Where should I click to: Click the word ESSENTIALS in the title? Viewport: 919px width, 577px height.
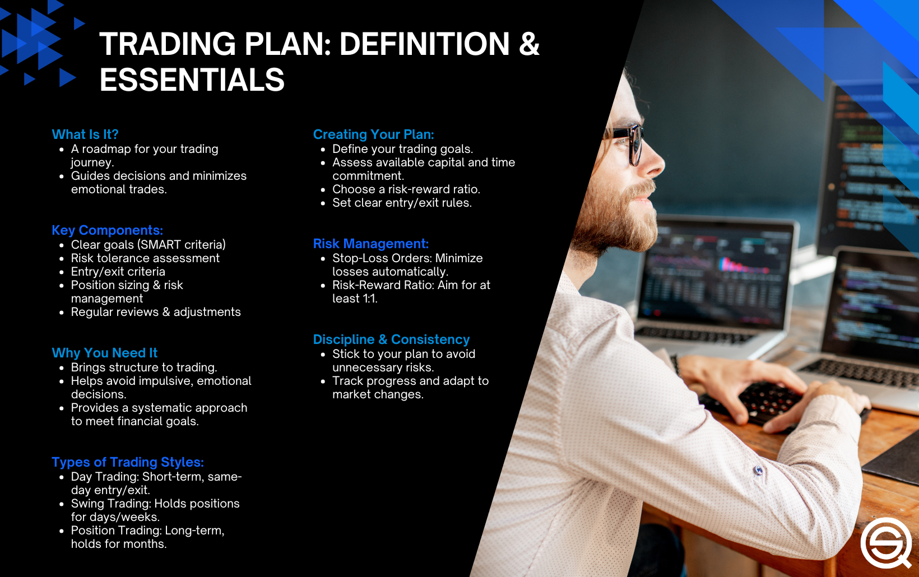click(x=192, y=80)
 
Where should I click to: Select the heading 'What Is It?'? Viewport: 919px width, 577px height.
click(x=85, y=134)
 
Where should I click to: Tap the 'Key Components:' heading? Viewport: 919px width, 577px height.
click(x=107, y=230)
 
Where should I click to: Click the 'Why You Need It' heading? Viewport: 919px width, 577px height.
click(x=104, y=353)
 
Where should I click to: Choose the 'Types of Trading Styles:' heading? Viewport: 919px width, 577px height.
click(x=127, y=462)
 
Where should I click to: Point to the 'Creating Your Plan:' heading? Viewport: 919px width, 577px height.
click(x=373, y=134)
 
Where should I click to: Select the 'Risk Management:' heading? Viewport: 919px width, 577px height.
click(x=370, y=244)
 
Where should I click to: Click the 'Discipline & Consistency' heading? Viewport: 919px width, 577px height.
click(x=391, y=339)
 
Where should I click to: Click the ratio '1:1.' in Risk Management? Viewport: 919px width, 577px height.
click(x=370, y=299)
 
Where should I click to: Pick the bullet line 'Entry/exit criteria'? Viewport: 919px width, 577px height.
click(x=118, y=272)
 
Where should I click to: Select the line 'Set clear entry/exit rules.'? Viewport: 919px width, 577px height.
click(x=402, y=203)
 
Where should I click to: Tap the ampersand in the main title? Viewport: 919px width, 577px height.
click(x=528, y=44)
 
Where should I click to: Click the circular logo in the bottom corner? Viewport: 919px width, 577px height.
click(x=886, y=543)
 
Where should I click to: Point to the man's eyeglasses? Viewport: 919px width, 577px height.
click(x=630, y=140)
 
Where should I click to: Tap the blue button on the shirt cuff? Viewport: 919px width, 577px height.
click(x=758, y=471)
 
